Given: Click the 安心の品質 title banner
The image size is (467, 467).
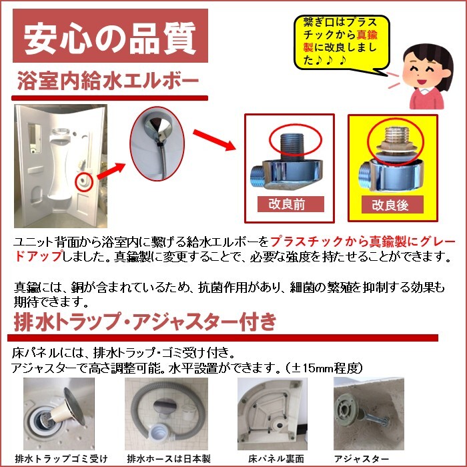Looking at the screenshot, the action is [110, 36].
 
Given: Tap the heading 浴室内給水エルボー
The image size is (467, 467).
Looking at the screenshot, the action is [108, 81].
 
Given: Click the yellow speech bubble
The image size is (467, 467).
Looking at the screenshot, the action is [342, 42].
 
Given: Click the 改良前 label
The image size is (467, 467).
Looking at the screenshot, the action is [291, 204].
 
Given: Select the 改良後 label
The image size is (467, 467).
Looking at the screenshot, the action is [392, 205].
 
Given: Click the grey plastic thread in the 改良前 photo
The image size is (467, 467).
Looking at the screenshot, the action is [292, 146].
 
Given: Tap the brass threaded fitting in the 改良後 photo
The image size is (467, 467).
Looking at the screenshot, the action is [395, 140].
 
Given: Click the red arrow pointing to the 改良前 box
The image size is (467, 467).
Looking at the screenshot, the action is [214, 140].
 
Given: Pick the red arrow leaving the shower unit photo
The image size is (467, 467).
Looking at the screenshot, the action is [111, 171].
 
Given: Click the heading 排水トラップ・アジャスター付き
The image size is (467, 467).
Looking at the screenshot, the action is [145, 322].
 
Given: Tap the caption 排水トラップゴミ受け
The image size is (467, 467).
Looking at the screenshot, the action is [61, 459].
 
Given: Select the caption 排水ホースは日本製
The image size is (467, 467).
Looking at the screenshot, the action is [169, 459].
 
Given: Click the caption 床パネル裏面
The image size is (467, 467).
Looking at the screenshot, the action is [276, 459].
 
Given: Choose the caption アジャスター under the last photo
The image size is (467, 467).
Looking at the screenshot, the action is [362, 459].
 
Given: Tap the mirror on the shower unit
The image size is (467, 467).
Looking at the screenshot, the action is [35, 137].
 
